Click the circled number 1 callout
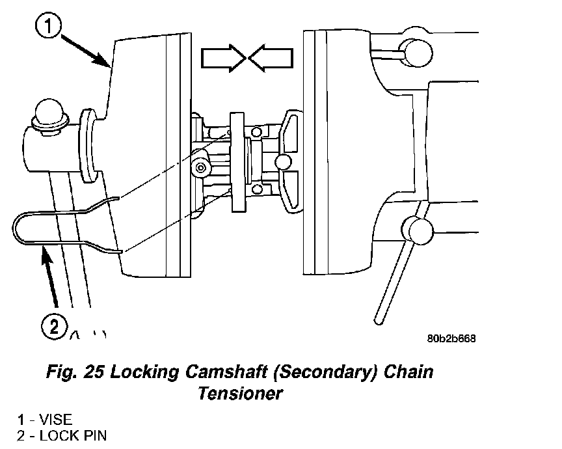[x=48, y=25]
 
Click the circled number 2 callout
[x=54, y=327]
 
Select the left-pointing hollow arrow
[x=271, y=58]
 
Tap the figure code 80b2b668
[x=451, y=338]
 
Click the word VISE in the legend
[x=55, y=420]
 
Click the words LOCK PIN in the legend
[x=73, y=436]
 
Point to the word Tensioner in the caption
[x=240, y=394]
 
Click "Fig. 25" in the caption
[x=75, y=372]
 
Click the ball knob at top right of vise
[x=417, y=53]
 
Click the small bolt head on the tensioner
[x=200, y=168]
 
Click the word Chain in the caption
[x=408, y=372]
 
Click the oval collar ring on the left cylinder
[x=86, y=146]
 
